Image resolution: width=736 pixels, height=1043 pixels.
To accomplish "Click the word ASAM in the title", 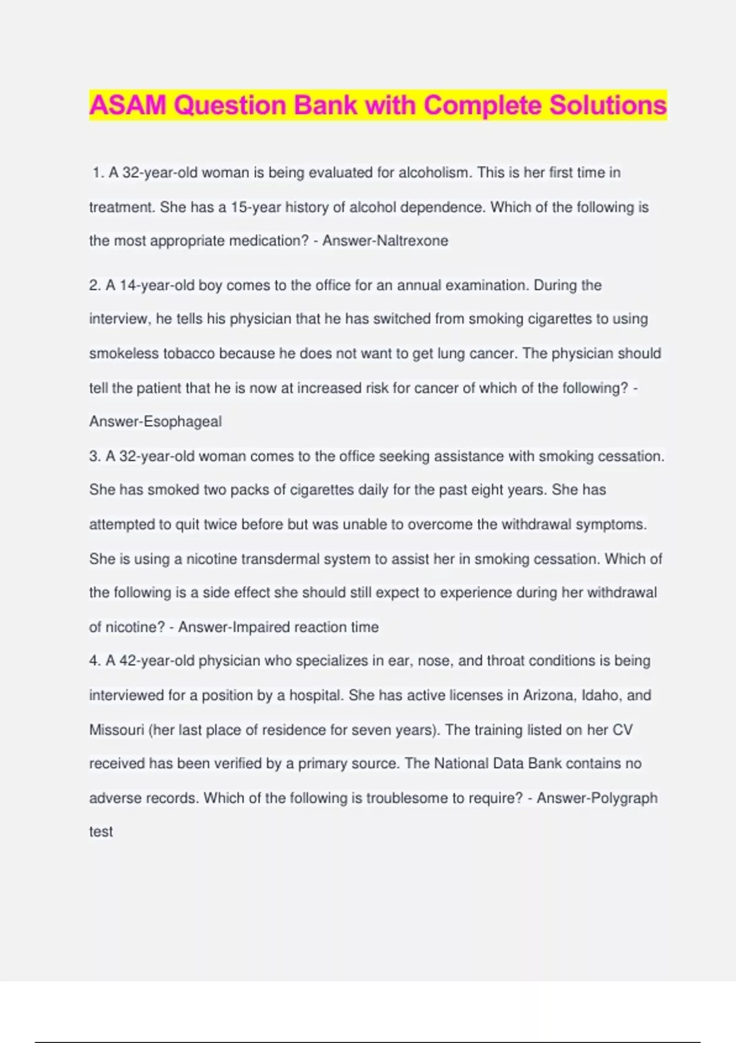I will (128, 106).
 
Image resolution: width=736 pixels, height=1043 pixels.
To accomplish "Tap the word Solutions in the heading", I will (608, 106).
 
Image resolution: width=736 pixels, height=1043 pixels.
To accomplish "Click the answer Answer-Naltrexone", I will (385, 241).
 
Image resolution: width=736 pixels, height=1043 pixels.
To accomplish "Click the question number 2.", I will (94, 286).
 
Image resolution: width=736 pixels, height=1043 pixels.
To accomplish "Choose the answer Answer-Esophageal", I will (155, 422).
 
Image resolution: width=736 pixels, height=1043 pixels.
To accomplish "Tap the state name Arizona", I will (549, 696).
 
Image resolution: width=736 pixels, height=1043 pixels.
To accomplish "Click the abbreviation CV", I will (623, 730).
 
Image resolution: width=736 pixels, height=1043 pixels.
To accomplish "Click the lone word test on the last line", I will (101, 832).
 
